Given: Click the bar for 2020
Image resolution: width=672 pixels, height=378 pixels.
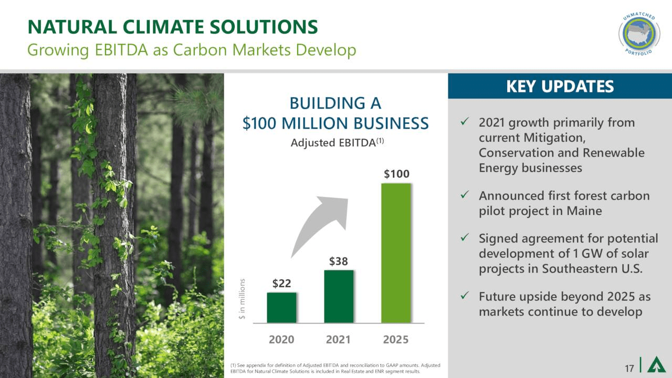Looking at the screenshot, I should pyautogui.click(x=281, y=308).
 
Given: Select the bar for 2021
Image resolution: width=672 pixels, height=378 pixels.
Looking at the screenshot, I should pyautogui.click(x=339, y=297).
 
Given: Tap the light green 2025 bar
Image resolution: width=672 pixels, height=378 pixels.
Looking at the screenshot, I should pyautogui.click(x=396, y=253).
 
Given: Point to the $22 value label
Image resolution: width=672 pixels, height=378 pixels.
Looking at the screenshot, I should pyautogui.click(x=282, y=283).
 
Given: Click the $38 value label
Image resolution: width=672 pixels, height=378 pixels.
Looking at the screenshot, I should pyautogui.click(x=339, y=261).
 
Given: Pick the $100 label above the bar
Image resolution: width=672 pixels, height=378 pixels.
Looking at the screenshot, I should pyautogui.click(x=396, y=174).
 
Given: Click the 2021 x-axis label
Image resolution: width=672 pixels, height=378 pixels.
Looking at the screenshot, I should pyautogui.click(x=339, y=340).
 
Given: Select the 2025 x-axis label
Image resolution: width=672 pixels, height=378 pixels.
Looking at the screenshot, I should pyautogui.click(x=396, y=340).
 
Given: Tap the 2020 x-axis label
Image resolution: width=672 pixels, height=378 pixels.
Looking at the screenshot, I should pyautogui.click(x=281, y=340).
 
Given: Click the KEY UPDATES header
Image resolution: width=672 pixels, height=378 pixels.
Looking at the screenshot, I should pyautogui.click(x=560, y=86).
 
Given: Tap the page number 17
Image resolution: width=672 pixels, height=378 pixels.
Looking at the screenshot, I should pyautogui.click(x=629, y=367).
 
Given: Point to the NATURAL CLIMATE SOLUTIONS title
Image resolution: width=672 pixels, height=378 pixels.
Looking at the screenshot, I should pyautogui.click(x=172, y=26).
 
